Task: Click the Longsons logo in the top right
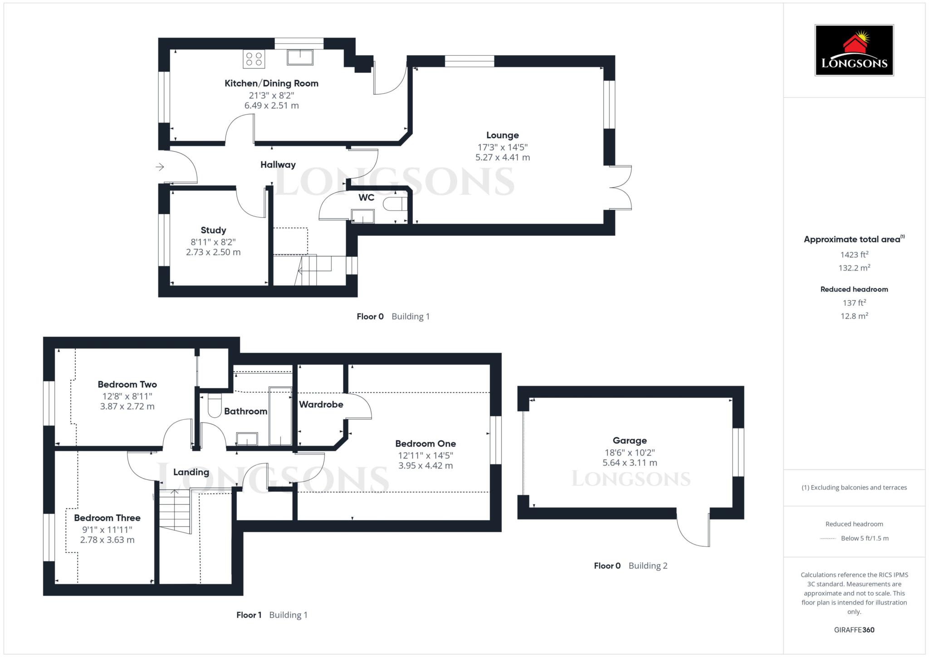(x=854, y=50)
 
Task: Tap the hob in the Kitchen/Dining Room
(x=254, y=59)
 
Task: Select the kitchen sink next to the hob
(x=300, y=58)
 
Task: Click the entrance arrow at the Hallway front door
(x=160, y=167)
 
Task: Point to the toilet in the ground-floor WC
(x=394, y=204)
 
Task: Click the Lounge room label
(x=502, y=135)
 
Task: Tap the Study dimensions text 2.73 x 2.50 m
(x=213, y=252)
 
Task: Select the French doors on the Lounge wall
(x=621, y=188)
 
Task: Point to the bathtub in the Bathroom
(x=280, y=416)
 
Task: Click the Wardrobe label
(x=321, y=404)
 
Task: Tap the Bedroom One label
(x=425, y=443)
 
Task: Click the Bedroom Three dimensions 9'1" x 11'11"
(x=107, y=529)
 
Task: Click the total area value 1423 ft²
(x=854, y=255)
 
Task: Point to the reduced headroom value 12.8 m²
(x=854, y=316)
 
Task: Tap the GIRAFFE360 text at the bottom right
(x=854, y=629)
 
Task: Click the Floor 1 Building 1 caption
(x=272, y=615)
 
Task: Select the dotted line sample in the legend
(x=828, y=539)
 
